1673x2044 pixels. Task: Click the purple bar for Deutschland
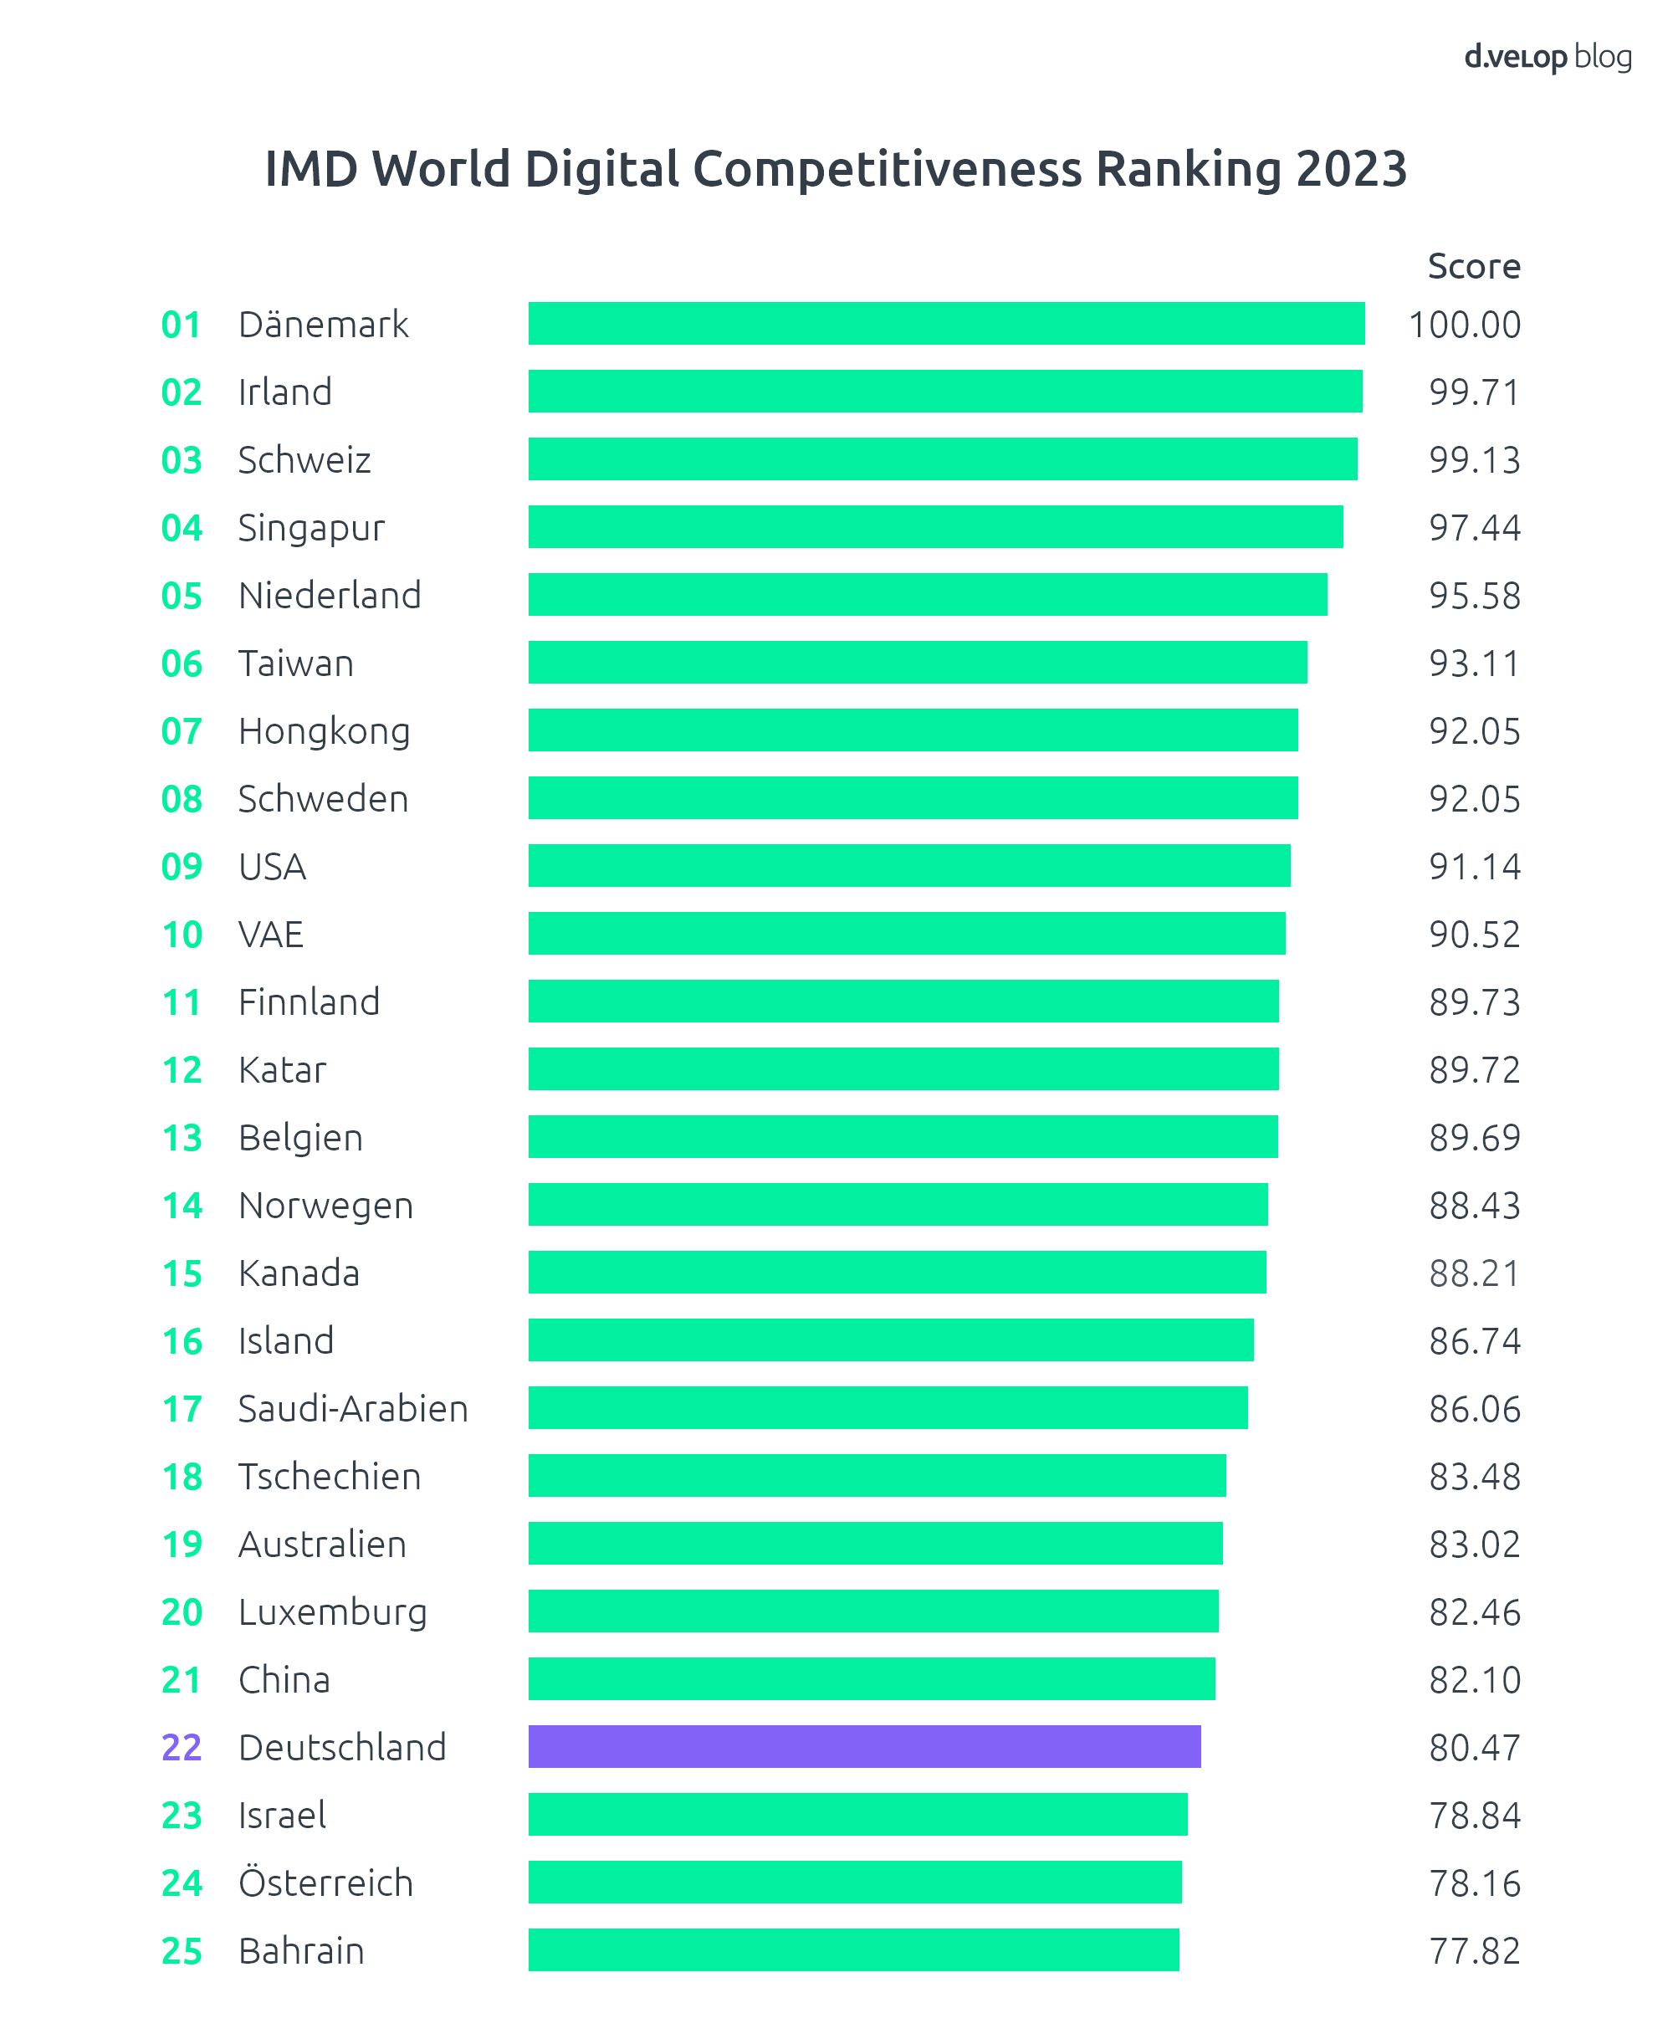864,1746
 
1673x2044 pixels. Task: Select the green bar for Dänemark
945,323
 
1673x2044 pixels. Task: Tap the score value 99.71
1474,392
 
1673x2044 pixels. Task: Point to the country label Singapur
311,528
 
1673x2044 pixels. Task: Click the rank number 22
182,1747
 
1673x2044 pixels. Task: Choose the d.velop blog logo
1548,57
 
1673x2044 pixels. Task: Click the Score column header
1474,266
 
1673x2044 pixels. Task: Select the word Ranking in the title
1189,169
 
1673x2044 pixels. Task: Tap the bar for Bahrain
853,1949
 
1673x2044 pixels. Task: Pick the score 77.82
1474,1950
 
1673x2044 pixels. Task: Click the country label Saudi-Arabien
353,1409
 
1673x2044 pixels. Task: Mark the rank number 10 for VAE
182,935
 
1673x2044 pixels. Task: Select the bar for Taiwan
917,662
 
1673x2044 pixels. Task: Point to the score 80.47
1474,1747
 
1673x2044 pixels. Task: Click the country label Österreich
325,1882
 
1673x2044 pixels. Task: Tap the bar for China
871,1678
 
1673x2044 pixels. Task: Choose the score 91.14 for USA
1474,866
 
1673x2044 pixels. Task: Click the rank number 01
182,325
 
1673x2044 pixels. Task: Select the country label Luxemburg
332,1612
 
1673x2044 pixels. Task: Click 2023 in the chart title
1351,169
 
